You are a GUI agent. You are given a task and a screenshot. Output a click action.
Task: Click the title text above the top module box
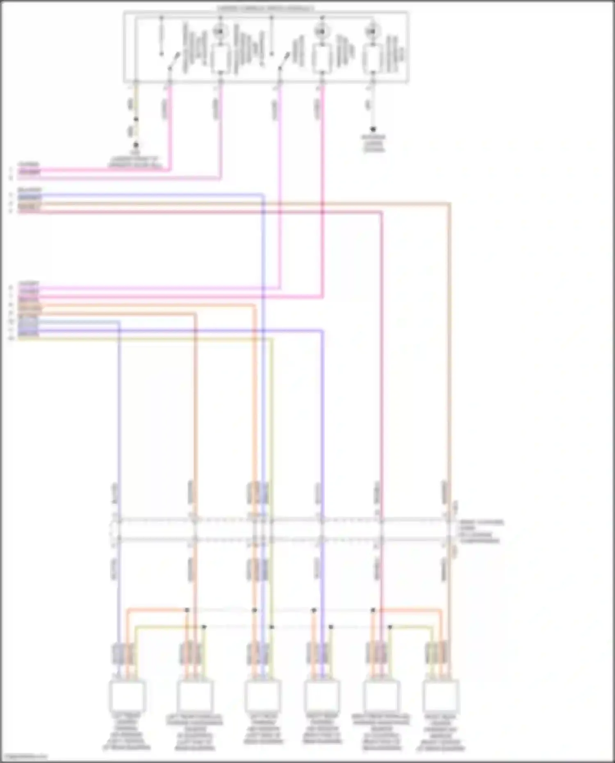click(266, 8)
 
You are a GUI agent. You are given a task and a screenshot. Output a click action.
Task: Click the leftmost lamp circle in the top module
click(220, 31)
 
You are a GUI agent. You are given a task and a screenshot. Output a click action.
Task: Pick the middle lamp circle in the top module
click(321, 31)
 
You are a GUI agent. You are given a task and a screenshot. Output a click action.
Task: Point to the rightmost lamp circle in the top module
click(373, 31)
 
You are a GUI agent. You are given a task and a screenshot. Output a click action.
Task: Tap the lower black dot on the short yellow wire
click(136, 145)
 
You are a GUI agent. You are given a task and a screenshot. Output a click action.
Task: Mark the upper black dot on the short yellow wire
click(136, 119)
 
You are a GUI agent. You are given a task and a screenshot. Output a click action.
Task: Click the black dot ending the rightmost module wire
click(373, 129)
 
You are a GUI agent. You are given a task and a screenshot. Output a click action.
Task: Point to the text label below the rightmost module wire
click(374, 143)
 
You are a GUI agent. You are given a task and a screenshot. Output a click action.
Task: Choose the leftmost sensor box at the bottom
click(127, 695)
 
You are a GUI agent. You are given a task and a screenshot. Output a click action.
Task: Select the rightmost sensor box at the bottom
click(441, 695)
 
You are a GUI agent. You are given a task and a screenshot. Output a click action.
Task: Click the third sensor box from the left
click(263, 695)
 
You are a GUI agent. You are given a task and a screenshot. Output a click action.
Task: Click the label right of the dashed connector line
click(481, 531)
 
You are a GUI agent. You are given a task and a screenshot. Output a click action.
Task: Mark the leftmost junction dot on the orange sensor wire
click(187, 610)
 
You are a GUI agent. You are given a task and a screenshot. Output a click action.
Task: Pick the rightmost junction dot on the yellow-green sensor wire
click(390, 627)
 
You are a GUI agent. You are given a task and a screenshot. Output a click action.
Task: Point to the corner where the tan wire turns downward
click(449, 203)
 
